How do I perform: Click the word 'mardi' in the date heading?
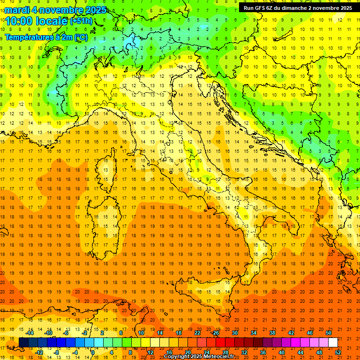tap(17, 10)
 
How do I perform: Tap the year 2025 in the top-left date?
tap(95, 10)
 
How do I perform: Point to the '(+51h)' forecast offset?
tap(81, 21)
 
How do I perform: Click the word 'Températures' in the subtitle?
tap(28, 37)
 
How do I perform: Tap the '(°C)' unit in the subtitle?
tap(81, 37)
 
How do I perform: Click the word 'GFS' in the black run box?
tap(260, 7)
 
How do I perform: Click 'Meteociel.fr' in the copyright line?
tap(216, 357)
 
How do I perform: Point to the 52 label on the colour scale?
tap(338, 352)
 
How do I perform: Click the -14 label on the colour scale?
tap(30, 333)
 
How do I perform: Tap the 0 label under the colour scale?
tap(92, 352)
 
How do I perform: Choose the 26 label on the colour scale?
tap(216, 333)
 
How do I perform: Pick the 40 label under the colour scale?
tap(281, 352)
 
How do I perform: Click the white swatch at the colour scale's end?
tap(333, 343)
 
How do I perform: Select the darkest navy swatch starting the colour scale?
tap(23, 343)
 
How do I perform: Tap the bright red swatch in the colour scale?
tap(220, 343)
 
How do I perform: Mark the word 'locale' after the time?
tap(51, 21)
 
